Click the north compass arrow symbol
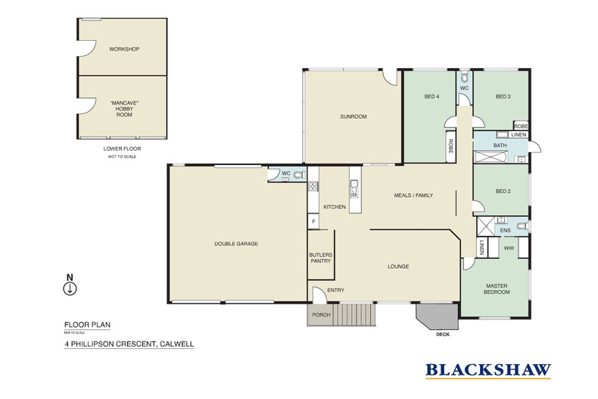point(70,288)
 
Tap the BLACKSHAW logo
point(487,370)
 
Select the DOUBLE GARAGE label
point(236,244)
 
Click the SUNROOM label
point(353,117)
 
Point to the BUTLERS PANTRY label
point(320,259)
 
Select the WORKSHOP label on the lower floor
point(124,49)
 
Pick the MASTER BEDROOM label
point(497,289)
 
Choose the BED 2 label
point(502,192)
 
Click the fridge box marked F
point(313,221)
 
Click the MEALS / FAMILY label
point(413,195)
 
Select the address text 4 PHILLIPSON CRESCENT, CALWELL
point(129,344)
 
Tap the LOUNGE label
point(398,267)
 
